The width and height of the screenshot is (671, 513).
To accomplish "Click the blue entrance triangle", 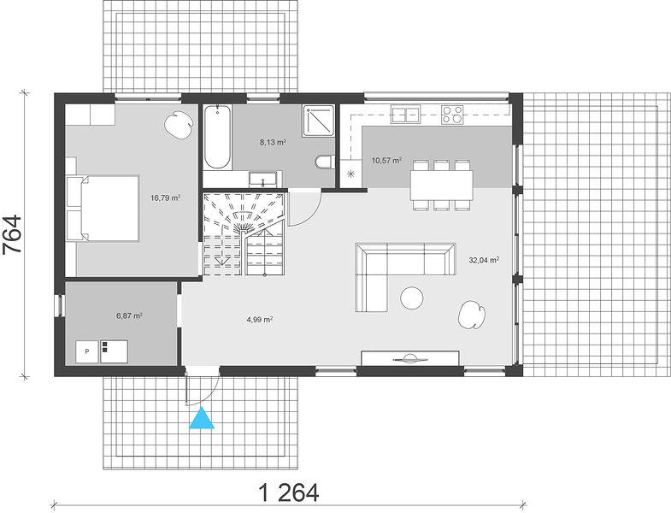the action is tap(202, 419).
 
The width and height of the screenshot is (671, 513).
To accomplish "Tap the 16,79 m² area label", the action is tap(165, 198).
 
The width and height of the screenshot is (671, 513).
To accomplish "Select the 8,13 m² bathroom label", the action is tap(273, 143).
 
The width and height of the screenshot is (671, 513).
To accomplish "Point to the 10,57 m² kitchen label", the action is tap(386, 161).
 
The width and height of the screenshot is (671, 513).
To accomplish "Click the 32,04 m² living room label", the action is tap(484, 260).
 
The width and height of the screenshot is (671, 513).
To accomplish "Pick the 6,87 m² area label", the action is tap(129, 316).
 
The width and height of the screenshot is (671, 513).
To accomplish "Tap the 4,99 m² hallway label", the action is tap(260, 319).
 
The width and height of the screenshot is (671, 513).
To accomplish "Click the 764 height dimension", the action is tap(12, 235).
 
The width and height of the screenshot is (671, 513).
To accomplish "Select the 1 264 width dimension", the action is tap(289, 492).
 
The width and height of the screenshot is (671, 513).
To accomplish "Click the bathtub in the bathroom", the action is tap(218, 137).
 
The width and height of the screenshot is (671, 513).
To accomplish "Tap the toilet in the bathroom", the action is tap(324, 162).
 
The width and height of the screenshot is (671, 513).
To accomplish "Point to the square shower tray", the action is tap(318, 121).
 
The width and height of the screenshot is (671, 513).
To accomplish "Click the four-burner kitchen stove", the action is tap(453, 115).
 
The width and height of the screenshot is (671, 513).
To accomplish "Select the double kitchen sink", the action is tap(405, 115).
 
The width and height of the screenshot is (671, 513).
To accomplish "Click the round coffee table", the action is tap(412, 298).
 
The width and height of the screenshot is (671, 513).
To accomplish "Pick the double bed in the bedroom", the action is tap(103, 208).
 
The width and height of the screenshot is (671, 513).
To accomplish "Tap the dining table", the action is tap(442, 185).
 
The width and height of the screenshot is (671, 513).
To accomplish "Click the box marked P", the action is tap(87, 351).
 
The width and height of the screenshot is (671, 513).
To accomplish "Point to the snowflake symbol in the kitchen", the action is tap(351, 174).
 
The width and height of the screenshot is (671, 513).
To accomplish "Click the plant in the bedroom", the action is tap(177, 124).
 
